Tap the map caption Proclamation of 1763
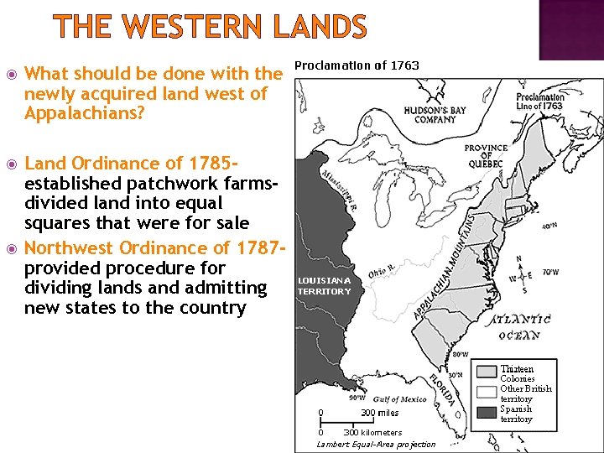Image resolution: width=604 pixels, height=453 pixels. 357,65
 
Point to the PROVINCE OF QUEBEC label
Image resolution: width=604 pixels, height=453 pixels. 486,156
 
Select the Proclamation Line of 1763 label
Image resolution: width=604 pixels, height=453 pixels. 540,102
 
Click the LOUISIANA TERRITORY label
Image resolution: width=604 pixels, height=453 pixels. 325,285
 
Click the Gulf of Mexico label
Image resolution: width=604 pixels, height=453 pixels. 399,399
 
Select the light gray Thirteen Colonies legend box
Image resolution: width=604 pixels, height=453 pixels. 487,370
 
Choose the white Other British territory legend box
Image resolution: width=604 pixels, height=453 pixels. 487,391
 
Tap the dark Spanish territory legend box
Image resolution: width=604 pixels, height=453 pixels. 487,411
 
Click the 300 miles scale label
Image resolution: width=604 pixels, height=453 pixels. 379,412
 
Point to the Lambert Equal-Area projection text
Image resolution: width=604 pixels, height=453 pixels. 376,444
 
